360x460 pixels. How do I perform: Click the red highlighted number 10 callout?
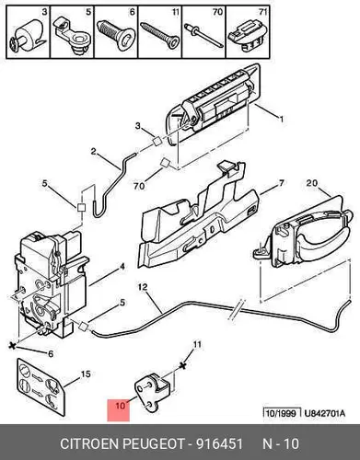pos(119,410)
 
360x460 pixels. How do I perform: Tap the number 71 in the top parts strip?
pos(262,12)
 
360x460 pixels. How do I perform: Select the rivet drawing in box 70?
pos(203,35)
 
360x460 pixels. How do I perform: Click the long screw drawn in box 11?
pos(159,34)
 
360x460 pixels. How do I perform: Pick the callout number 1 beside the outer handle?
pos(280,119)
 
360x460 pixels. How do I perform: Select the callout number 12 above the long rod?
pos(143,287)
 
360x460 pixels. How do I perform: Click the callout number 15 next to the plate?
pos(86,374)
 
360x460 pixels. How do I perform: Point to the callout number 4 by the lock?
pos(122,267)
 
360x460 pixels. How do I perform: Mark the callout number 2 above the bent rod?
pos(93,151)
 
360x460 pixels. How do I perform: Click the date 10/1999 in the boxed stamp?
pos(282,413)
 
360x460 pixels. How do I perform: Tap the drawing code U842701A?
pos(324,413)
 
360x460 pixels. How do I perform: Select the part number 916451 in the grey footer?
pos(219,443)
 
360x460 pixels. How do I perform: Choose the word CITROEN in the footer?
pos(89,443)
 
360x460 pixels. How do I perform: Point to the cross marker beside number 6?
pos(12,346)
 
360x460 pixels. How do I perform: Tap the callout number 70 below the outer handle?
pos(139,186)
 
